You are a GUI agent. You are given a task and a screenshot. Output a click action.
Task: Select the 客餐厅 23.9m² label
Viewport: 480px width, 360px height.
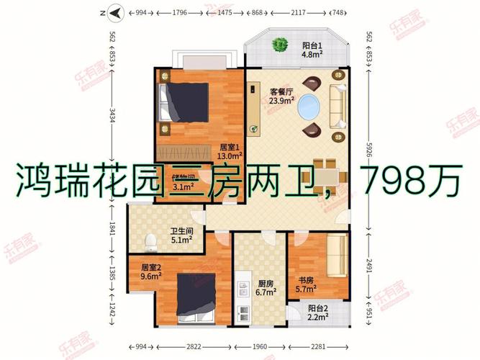pos(281,96)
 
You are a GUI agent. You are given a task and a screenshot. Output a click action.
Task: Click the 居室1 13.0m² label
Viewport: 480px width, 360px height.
pos(231,151)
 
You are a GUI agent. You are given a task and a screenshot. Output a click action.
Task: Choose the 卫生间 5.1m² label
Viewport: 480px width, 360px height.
pos(181,237)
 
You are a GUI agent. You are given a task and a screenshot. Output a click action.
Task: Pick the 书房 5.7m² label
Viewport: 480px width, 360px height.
pos(307,284)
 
